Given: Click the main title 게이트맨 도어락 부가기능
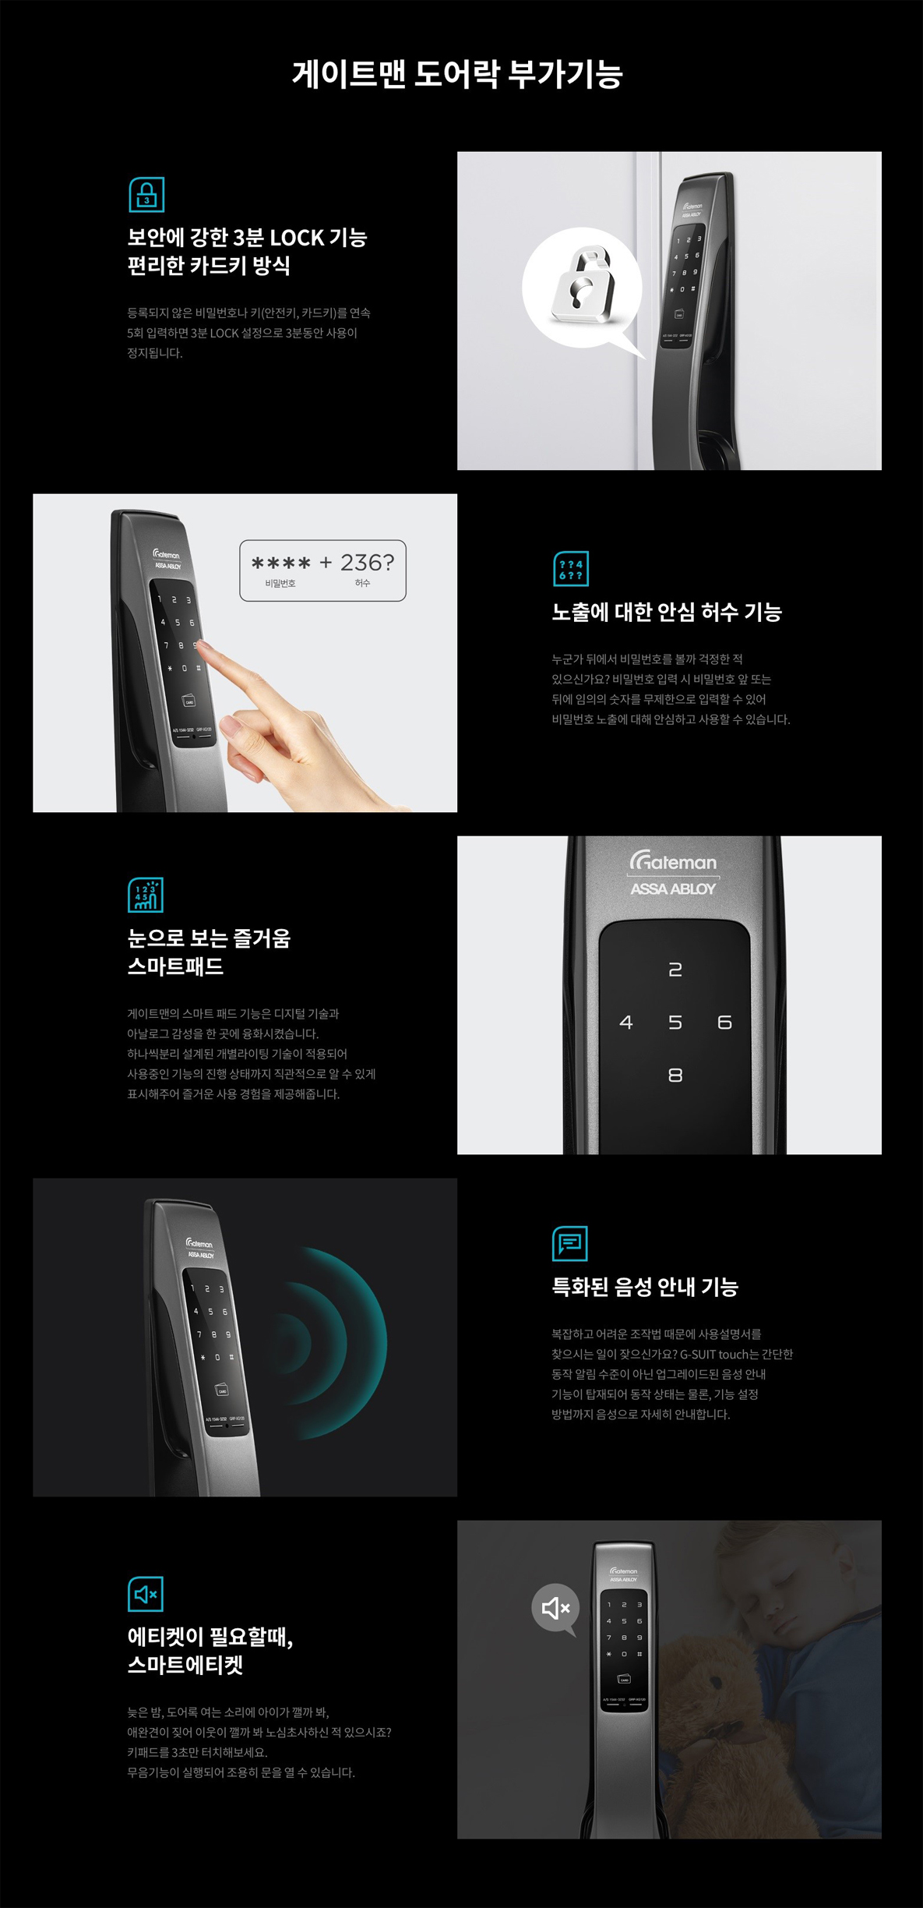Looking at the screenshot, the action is pyautogui.click(x=457, y=74).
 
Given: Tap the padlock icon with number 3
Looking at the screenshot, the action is pyautogui.click(x=146, y=195).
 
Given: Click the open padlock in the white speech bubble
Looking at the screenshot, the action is pyautogui.click(x=582, y=285).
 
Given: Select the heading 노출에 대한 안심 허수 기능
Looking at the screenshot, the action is pyautogui.click(x=667, y=612).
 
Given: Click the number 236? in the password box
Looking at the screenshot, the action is pyautogui.click(x=368, y=562).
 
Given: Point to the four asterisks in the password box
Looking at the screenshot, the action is pyautogui.click(x=280, y=563).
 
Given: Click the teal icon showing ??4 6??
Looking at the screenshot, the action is pyautogui.click(x=570, y=569).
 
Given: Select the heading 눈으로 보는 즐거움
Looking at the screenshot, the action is pyautogui.click(x=209, y=938).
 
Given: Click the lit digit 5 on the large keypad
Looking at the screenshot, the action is pyautogui.click(x=675, y=1022).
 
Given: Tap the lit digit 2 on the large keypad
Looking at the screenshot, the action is pyautogui.click(x=675, y=969).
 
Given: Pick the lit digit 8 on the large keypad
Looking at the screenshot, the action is pyautogui.click(x=675, y=1075).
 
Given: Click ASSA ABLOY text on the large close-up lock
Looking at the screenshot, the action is pyautogui.click(x=673, y=889).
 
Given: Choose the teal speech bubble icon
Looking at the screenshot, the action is pyautogui.click(x=569, y=1243).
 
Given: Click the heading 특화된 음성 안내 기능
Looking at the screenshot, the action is pyautogui.click(x=645, y=1286).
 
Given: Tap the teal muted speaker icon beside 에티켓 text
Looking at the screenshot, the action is pyautogui.click(x=146, y=1594).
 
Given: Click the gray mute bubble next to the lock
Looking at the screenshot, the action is pyautogui.click(x=556, y=1608).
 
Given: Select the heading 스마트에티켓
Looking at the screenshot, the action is pyautogui.click(x=185, y=1665).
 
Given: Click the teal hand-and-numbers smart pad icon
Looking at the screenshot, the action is pyautogui.click(x=146, y=895).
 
